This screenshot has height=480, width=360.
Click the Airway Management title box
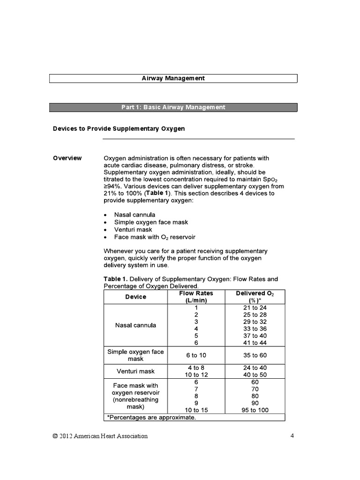point(173,78)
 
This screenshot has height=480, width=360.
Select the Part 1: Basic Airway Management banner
point(173,107)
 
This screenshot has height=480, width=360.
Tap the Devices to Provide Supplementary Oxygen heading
point(119,128)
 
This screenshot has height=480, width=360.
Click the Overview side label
point(67,158)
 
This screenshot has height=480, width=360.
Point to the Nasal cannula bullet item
point(135,215)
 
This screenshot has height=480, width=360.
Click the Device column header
point(135,297)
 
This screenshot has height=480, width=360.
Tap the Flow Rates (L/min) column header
point(196,297)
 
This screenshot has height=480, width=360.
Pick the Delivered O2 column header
point(255,297)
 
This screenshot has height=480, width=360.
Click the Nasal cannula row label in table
point(135,325)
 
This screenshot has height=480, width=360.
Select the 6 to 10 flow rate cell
point(196,355)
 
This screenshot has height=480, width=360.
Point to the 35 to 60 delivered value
point(255,355)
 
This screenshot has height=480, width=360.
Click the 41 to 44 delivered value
point(255,343)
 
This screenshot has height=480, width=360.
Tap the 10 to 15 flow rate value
point(196,410)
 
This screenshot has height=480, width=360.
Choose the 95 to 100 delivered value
point(255,410)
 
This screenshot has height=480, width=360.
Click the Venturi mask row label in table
point(135,371)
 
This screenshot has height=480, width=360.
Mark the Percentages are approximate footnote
point(150,417)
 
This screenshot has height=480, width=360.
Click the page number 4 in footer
point(292,436)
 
